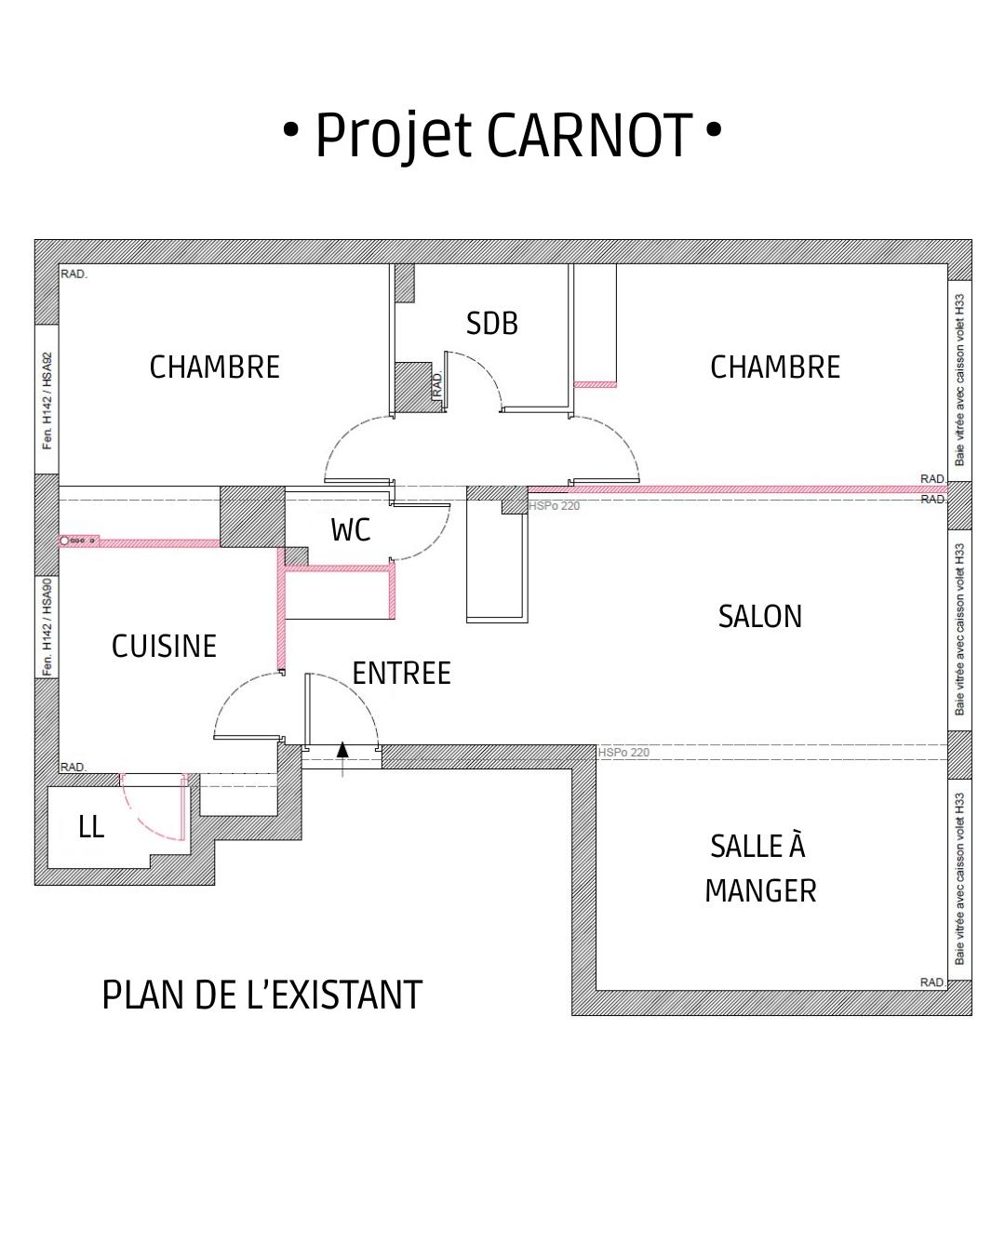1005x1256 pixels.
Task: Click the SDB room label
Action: [491, 324]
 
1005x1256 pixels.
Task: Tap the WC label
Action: [351, 530]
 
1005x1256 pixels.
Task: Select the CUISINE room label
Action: [164, 646]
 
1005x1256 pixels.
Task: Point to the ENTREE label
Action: [402, 673]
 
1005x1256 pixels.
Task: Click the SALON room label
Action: [759, 616]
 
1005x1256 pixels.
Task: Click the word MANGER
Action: [760, 890]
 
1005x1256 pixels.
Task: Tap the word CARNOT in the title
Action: [590, 136]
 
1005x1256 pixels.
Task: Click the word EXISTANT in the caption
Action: [347, 995]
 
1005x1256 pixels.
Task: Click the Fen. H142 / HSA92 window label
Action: [47, 400]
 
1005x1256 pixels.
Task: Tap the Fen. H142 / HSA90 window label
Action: [47, 627]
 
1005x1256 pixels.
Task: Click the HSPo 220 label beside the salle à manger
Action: [623, 753]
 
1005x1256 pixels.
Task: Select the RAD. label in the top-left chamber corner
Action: [74, 274]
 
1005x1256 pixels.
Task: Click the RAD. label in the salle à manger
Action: [932, 982]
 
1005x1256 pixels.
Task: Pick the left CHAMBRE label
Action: [214, 367]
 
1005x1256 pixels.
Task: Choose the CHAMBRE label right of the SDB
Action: [775, 367]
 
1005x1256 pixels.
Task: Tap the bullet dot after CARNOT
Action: [713, 129]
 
